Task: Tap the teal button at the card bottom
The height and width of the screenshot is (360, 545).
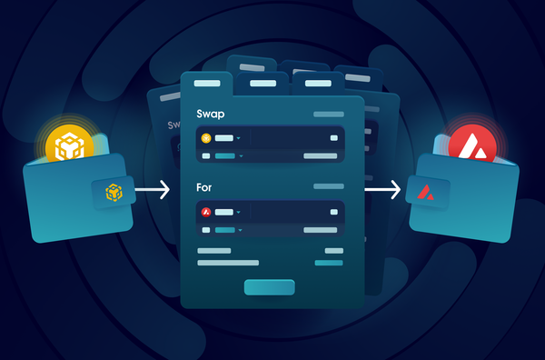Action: [x=269, y=286]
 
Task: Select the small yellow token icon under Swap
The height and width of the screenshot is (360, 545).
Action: [x=206, y=138]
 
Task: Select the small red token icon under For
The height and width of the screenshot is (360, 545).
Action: [x=206, y=212]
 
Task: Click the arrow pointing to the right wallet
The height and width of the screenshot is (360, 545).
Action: [x=383, y=190]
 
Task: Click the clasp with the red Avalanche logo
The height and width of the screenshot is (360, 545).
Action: [x=426, y=193]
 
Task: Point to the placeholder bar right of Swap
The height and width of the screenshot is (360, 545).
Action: [x=328, y=115]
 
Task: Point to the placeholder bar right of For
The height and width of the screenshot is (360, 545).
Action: [x=328, y=186]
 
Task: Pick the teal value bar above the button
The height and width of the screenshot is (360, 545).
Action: [x=328, y=263]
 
